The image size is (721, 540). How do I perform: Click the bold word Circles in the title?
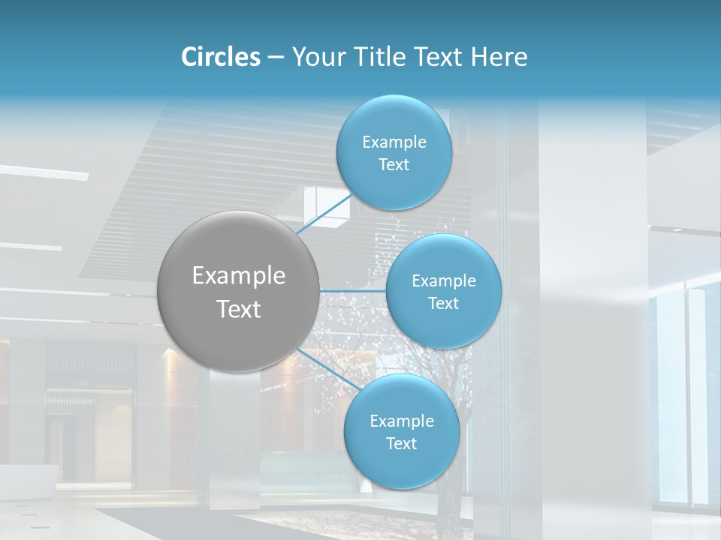(x=221, y=57)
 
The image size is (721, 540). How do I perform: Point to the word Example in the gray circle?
(x=239, y=276)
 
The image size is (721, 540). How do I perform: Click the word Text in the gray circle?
(x=239, y=309)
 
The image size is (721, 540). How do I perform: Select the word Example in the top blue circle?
(x=394, y=142)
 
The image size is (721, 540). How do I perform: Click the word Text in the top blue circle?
(x=394, y=165)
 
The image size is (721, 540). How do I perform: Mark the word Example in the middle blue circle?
(x=444, y=281)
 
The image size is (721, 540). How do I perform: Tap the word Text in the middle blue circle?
(x=444, y=304)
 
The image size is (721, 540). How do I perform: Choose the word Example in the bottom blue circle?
(x=402, y=421)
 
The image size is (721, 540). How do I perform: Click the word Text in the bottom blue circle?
(x=402, y=444)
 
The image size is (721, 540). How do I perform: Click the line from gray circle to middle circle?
(x=353, y=291)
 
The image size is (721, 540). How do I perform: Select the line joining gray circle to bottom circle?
(x=323, y=367)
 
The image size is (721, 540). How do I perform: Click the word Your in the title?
(x=315, y=57)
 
